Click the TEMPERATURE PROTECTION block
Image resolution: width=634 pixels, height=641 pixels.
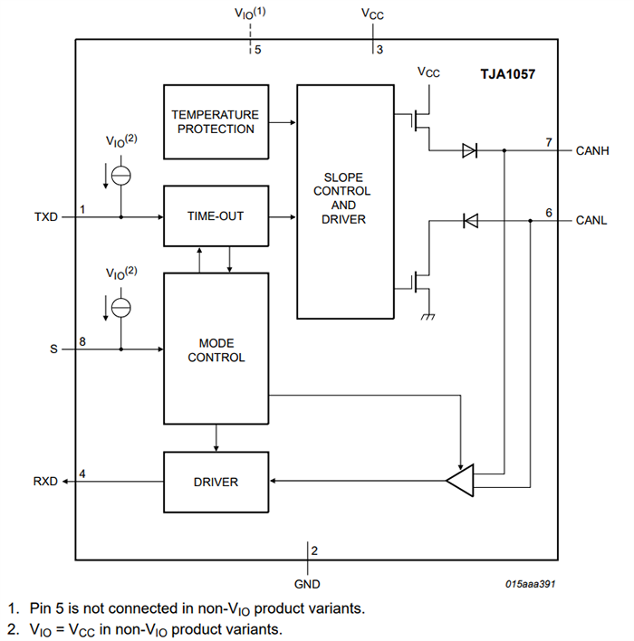(216, 121)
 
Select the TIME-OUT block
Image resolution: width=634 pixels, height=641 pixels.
(216, 216)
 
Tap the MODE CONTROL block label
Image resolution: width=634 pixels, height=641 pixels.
(216, 350)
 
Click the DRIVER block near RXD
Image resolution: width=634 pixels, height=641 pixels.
(216, 482)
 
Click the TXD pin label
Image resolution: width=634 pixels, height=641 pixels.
(45, 217)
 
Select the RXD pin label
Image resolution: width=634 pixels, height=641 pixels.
(45, 482)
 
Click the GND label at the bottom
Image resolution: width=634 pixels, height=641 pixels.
(307, 584)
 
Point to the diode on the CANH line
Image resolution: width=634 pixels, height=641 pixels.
(469, 151)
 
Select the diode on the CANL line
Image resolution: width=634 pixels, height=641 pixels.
(469, 220)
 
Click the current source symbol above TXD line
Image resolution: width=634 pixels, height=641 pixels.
(120, 176)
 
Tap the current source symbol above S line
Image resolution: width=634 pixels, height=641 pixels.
(120, 307)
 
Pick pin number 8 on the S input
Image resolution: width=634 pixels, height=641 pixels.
(82, 341)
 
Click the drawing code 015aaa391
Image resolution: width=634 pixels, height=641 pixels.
(531, 584)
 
